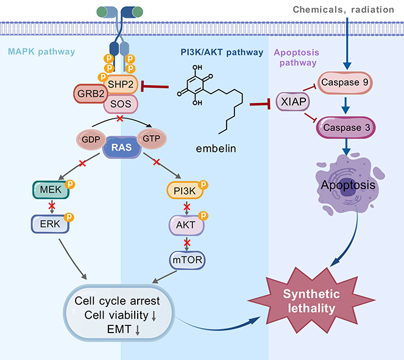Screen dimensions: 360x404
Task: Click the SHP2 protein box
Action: pos(121,88)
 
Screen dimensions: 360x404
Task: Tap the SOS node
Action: pos(121,105)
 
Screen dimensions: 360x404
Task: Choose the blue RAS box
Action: pos(121,147)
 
